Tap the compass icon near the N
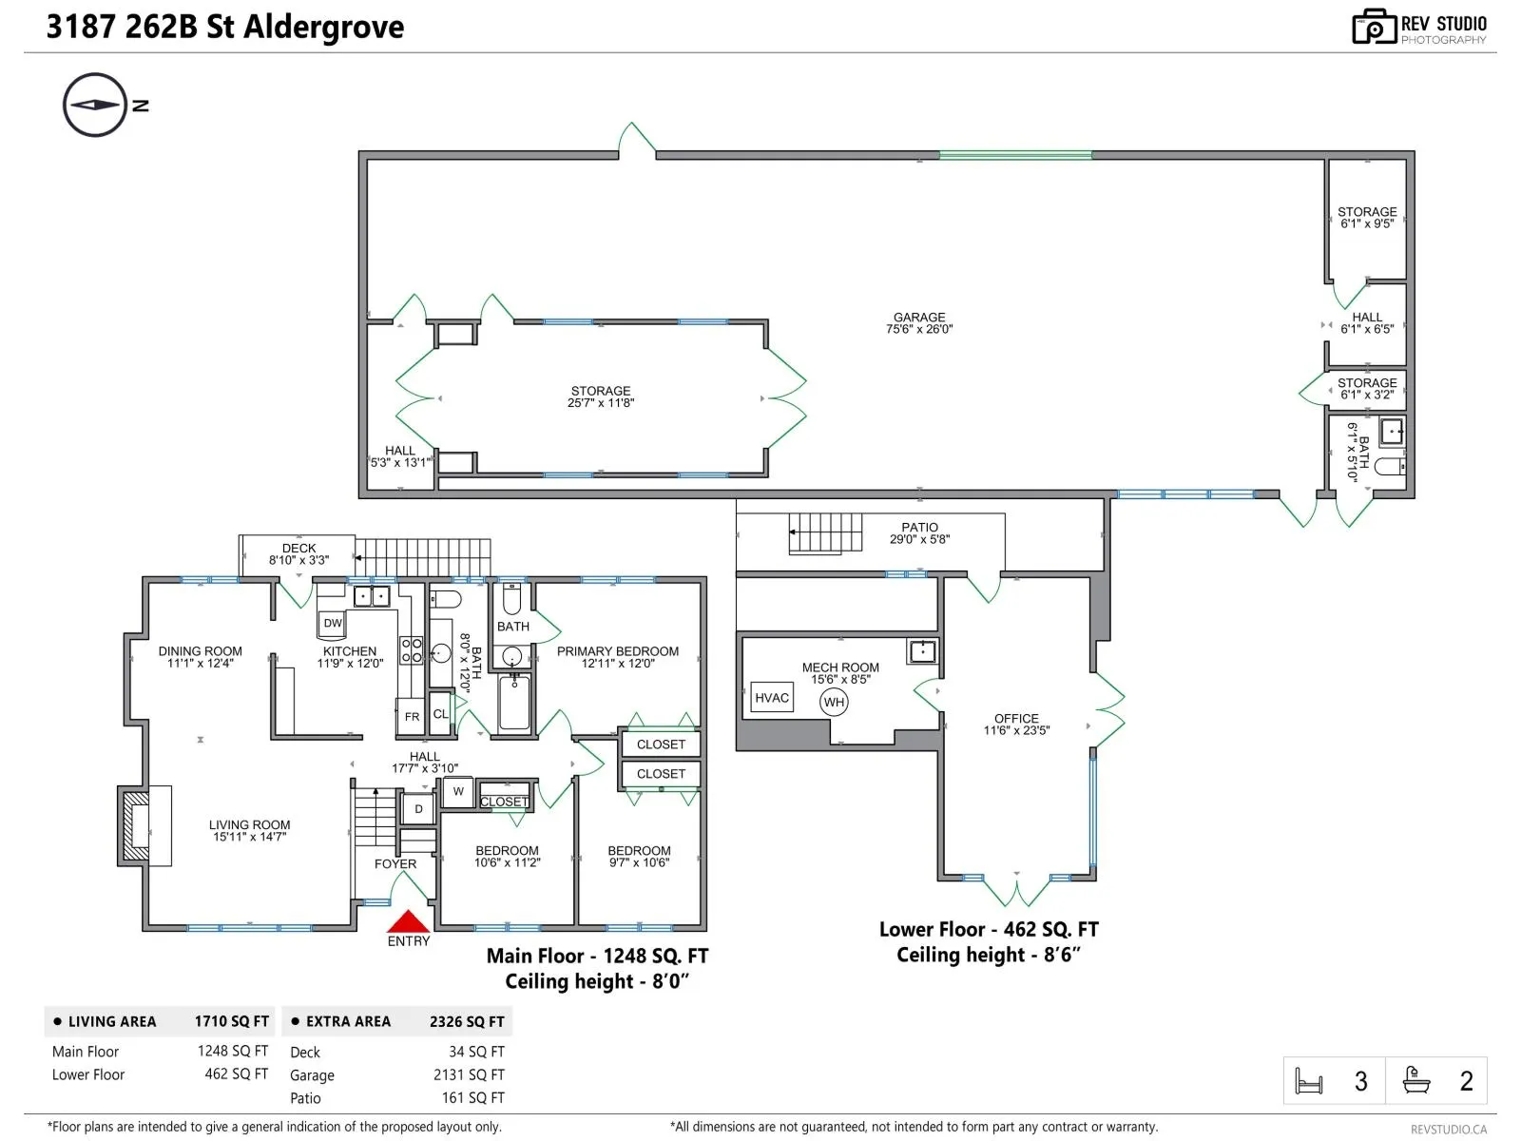[95, 106]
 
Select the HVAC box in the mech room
[772, 698]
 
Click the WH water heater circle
[834, 702]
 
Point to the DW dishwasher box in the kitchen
[333, 623]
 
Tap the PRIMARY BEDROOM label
[617, 651]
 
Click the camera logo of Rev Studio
[1374, 27]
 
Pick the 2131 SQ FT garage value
[469, 1074]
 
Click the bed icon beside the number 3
[1309, 1081]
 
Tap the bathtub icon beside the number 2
[1415, 1080]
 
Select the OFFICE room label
[1016, 719]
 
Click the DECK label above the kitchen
[298, 548]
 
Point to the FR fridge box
[412, 716]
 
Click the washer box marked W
[458, 791]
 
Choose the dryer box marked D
[418, 808]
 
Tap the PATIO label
[919, 527]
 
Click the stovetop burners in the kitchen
[411, 649]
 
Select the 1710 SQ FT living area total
[231, 1021]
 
